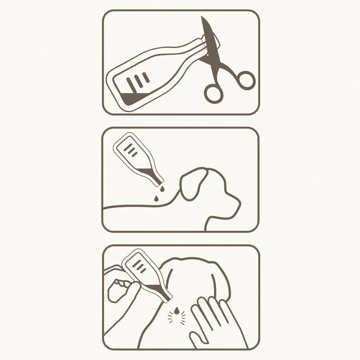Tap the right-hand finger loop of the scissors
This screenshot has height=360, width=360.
tap(245, 80)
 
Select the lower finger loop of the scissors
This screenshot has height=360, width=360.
tap(214, 93)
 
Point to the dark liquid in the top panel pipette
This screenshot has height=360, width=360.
tap(134, 97)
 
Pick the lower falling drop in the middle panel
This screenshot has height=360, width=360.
tap(156, 199)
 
